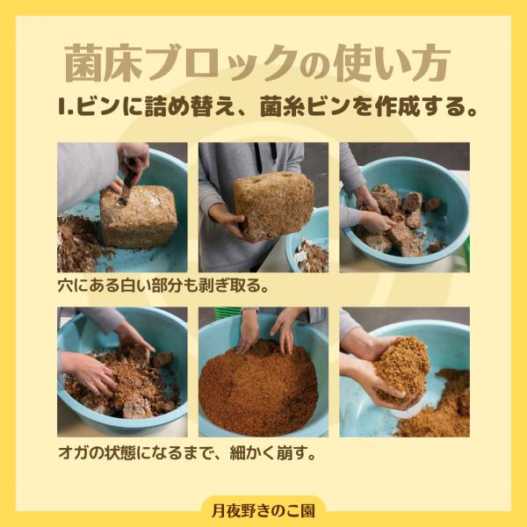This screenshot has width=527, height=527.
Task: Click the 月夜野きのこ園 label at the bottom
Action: pyautogui.click(x=263, y=509)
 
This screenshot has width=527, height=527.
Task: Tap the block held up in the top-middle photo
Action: pyautogui.click(x=273, y=204)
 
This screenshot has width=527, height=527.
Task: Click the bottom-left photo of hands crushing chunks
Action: pyautogui.click(x=122, y=372)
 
